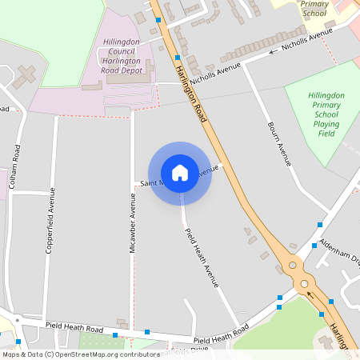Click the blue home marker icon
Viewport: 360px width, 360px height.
point(180,172)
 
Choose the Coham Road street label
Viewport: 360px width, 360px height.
point(15,166)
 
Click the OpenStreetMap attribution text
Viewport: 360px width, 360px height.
point(81,354)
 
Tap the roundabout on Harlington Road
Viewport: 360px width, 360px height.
point(304,282)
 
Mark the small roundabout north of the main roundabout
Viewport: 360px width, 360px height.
point(292,264)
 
